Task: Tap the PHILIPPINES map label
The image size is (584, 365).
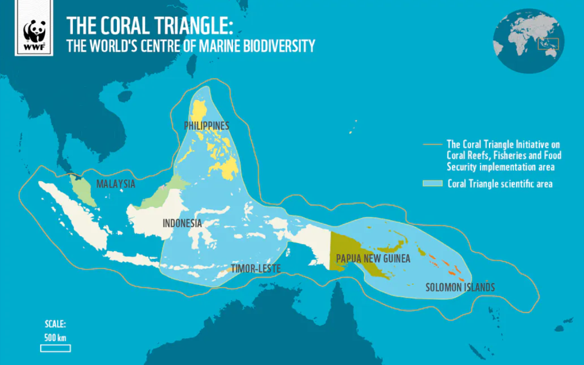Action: (206, 126)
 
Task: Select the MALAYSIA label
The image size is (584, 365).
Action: (116, 184)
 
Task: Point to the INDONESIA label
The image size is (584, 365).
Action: (182, 223)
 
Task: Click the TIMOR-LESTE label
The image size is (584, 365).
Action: (256, 269)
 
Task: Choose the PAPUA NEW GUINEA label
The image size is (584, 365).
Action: (373, 258)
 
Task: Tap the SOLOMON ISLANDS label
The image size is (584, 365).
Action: (460, 287)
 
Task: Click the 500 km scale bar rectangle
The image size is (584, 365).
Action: (55, 348)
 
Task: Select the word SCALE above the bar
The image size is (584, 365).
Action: (55, 325)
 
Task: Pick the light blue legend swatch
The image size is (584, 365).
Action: (433, 183)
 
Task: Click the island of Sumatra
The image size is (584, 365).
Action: (74, 212)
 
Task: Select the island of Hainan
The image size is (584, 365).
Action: (125, 95)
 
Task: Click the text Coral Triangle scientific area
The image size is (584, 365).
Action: (500, 184)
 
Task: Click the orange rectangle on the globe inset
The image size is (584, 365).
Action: (549, 43)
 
